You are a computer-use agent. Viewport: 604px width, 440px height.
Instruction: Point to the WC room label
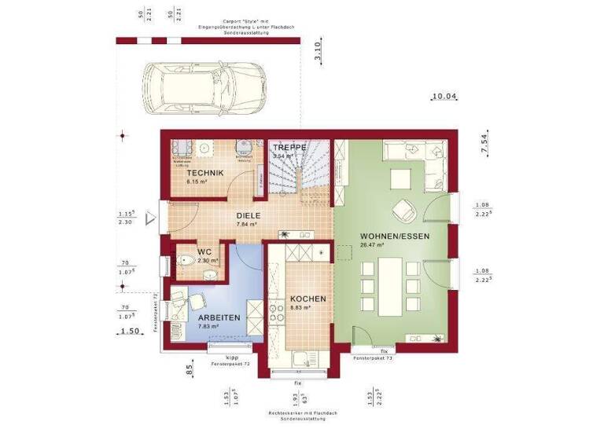204,251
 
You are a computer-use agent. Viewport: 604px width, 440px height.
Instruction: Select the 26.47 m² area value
370,245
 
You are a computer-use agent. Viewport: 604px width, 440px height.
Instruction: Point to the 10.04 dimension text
444,97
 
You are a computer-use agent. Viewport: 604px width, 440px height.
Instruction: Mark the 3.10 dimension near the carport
318,53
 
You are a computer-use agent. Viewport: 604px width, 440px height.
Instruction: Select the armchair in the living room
405,210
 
